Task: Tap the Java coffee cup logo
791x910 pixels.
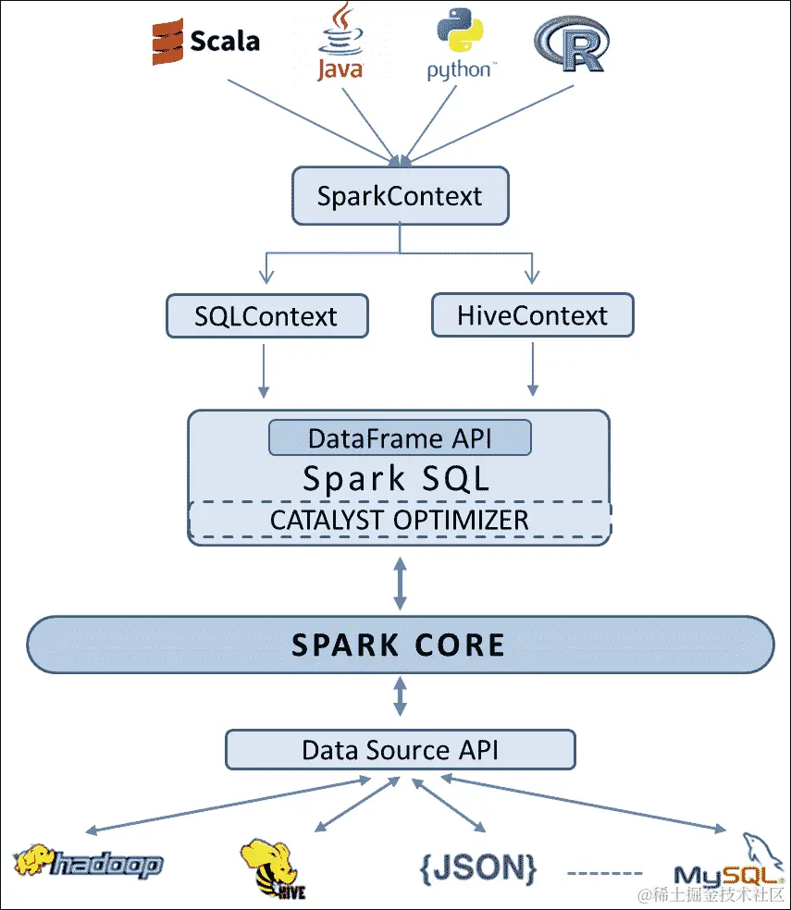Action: click(340, 42)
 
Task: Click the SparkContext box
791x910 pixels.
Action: click(400, 196)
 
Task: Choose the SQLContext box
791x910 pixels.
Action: click(266, 316)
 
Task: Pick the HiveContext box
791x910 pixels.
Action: click(532, 315)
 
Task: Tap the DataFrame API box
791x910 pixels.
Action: click(400, 438)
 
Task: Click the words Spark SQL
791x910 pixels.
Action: click(396, 479)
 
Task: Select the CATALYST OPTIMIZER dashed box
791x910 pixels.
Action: click(400, 520)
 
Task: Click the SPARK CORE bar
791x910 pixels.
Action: click(400, 645)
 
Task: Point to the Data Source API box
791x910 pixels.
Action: click(400, 750)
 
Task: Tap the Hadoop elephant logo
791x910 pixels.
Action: click(88, 862)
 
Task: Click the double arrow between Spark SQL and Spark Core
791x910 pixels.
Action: click(400, 583)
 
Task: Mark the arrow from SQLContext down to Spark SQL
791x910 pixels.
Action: click(265, 370)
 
